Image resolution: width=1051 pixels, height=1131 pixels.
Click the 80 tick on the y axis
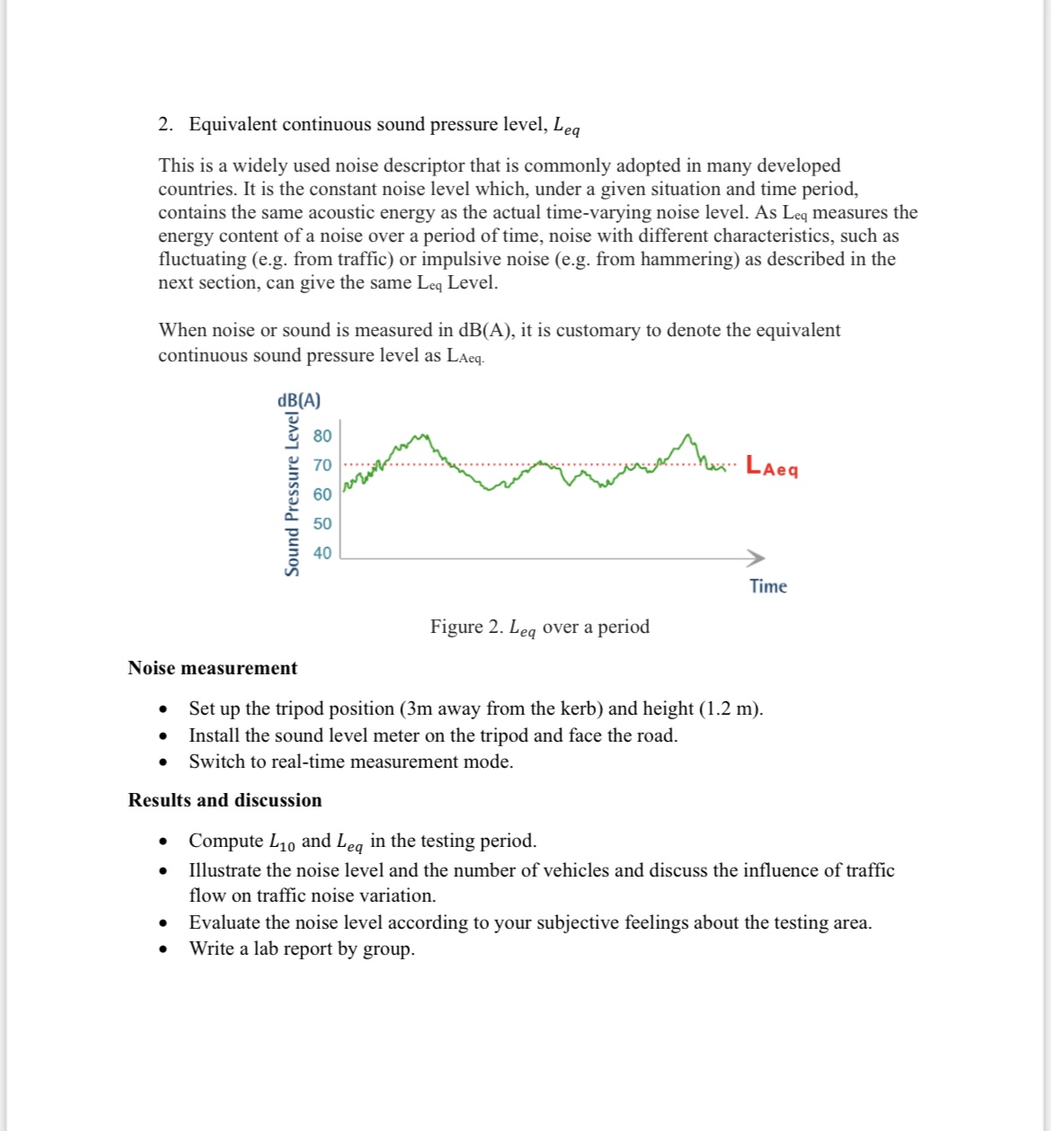(x=322, y=436)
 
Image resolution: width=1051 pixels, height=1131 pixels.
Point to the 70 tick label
(x=322, y=465)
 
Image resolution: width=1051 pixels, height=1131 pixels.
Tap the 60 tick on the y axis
(x=322, y=494)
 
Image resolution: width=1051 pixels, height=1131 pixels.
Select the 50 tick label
(x=322, y=523)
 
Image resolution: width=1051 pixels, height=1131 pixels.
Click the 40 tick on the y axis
(x=322, y=553)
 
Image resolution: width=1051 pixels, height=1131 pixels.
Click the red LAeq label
(x=771, y=468)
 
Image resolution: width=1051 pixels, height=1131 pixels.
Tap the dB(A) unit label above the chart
(x=298, y=400)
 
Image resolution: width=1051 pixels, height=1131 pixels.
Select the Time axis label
(x=768, y=586)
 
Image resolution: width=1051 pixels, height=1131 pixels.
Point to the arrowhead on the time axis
(x=756, y=557)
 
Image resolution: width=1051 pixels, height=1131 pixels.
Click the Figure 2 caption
(x=539, y=628)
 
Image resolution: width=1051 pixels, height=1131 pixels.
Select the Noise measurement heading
(x=212, y=668)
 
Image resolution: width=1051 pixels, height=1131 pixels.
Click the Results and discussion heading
(x=225, y=800)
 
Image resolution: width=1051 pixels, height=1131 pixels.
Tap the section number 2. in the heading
(x=165, y=124)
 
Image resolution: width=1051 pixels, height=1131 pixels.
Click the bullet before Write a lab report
(x=163, y=949)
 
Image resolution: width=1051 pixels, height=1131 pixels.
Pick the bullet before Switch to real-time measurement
(x=163, y=762)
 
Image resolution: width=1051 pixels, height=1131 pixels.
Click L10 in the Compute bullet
(x=281, y=842)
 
